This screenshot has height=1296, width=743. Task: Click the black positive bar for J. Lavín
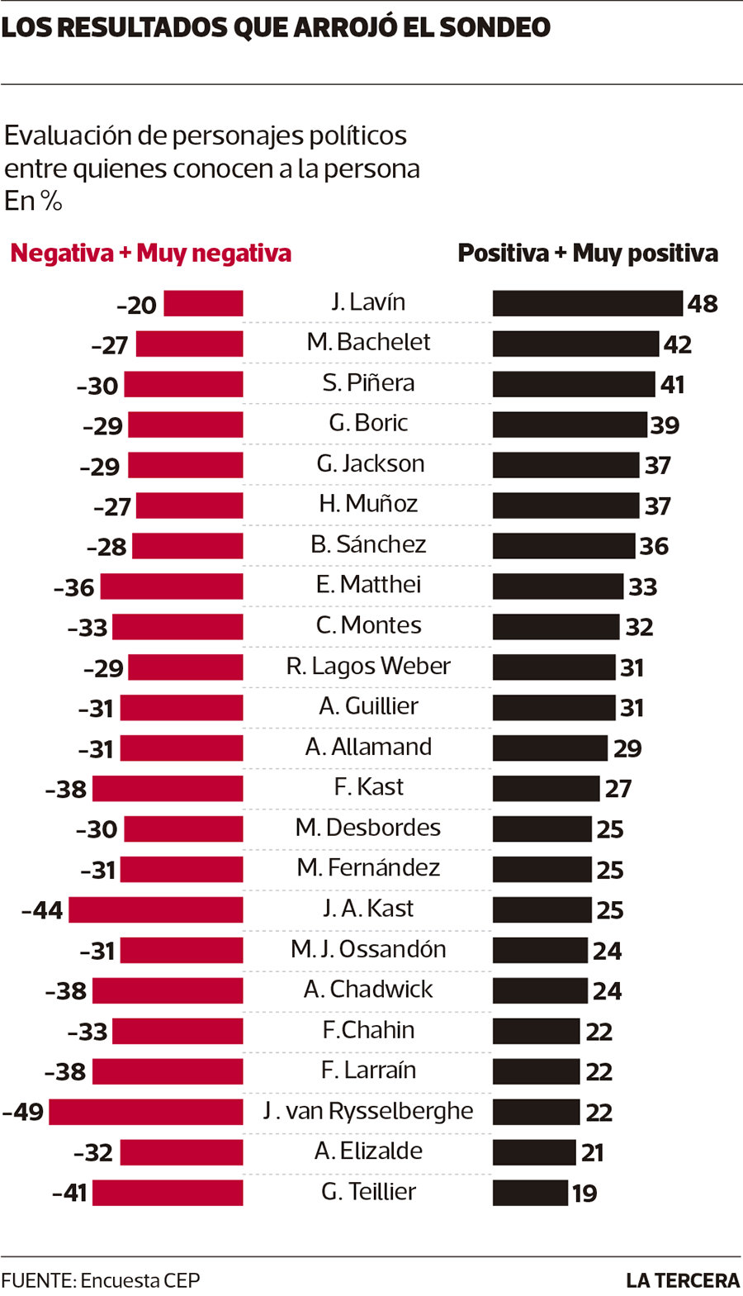[x=587, y=303]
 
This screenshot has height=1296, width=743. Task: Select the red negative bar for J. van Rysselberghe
[x=146, y=1111]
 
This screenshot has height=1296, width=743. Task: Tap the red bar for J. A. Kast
[x=156, y=909]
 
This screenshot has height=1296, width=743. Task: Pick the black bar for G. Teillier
[x=530, y=1192]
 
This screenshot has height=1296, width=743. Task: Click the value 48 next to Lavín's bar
[x=703, y=303]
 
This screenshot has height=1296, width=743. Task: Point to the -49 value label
[x=23, y=1112]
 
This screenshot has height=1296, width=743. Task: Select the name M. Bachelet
[x=368, y=342]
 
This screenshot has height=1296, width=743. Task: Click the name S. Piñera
[x=368, y=382]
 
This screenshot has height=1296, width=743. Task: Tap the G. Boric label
[x=368, y=423]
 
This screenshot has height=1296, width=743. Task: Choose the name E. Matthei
[x=368, y=585]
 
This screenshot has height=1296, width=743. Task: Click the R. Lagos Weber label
[x=368, y=666]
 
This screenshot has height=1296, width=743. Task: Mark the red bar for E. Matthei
[x=172, y=586]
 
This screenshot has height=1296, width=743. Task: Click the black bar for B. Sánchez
[x=564, y=545]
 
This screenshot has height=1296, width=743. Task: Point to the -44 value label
[x=43, y=910]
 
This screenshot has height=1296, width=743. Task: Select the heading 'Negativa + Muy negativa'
[x=151, y=253]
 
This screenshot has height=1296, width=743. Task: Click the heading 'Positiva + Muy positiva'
[x=588, y=253]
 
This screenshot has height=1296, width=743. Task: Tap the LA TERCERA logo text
[x=683, y=1280]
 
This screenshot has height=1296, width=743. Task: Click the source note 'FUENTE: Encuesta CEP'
[x=101, y=1280]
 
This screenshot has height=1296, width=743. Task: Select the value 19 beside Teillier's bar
[x=584, y=1193]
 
